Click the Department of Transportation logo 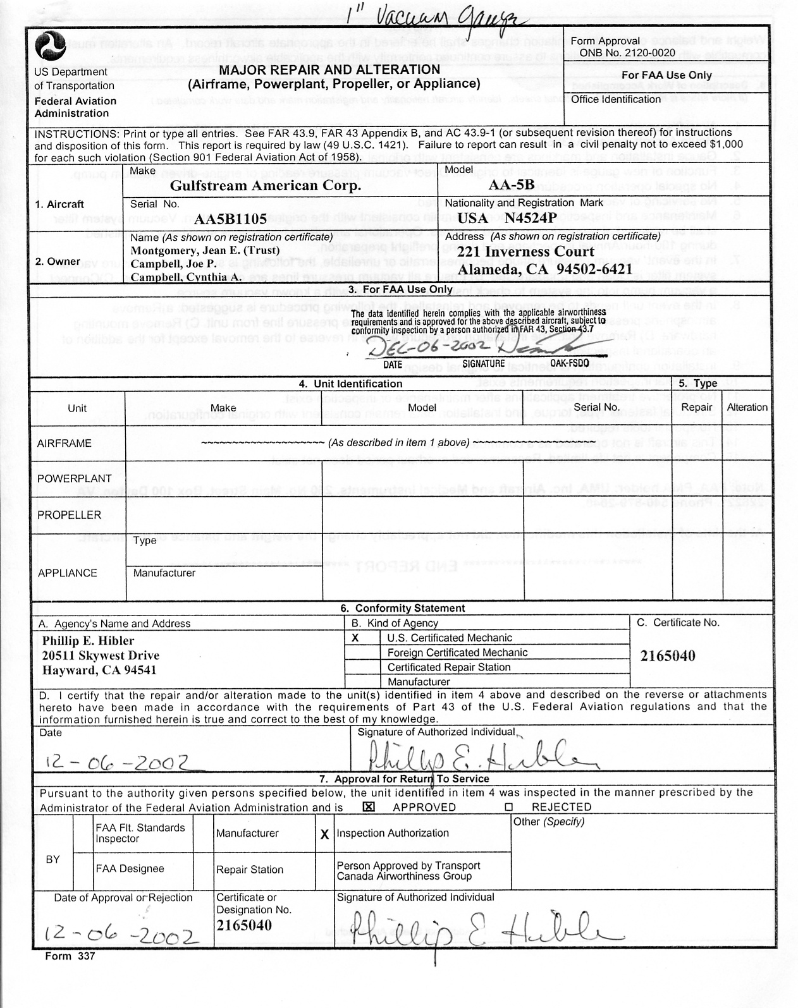[51, 46]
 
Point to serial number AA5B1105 [230, 219]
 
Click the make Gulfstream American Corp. [266, 186]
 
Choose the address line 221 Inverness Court [525, 252]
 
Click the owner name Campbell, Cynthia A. [186, 277]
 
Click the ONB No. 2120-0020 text [623, 53]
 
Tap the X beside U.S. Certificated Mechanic [355, 638]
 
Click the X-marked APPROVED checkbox [369, 807]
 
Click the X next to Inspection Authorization [324, 834]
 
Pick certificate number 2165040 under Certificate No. [668, 656]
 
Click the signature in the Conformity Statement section [474, 754]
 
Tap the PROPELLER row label [69, 515]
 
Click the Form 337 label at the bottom [70, 956]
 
